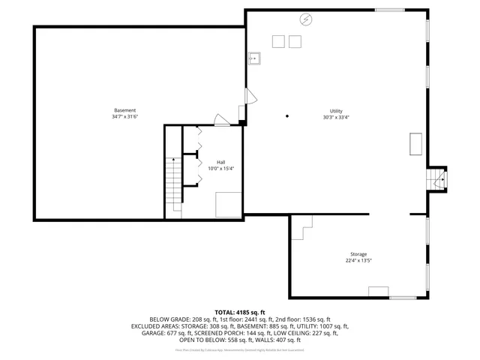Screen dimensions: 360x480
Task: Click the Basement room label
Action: point(124,110)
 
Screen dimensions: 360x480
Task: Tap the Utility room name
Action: point(335,110)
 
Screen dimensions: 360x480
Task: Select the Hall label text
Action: point(221,162)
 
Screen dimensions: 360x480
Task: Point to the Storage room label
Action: point(358,254)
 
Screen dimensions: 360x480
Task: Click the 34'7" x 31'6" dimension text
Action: point(125,117)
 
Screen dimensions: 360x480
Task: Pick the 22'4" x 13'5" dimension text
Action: point(358,261)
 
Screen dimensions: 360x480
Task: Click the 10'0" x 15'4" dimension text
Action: point(221,168)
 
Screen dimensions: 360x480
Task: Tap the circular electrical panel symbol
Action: point(305,19)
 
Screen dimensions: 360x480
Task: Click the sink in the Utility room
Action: point(255,57)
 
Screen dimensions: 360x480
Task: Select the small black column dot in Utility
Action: point(287,116)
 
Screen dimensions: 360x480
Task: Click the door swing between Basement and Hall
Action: point(222,119)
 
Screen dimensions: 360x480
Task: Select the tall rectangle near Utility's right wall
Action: point(415,144)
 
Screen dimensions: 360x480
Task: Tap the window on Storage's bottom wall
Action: point(403,298)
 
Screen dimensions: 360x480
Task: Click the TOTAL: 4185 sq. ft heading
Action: point(240,312)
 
